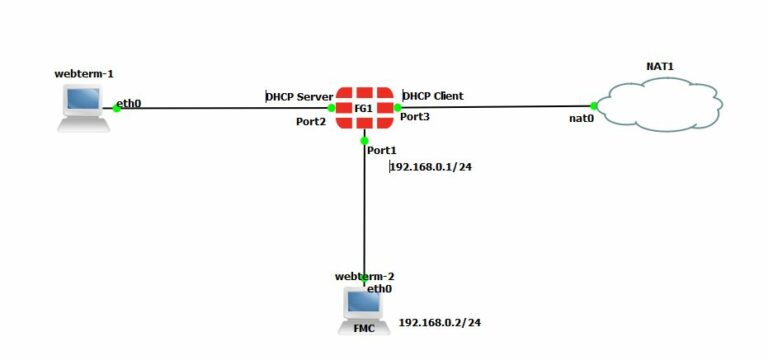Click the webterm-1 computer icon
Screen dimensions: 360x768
84,107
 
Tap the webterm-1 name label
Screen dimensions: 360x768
84,74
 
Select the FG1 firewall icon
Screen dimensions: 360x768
364,108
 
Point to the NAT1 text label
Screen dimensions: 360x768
661,66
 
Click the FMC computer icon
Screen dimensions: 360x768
362,309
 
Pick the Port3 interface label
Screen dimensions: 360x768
415,117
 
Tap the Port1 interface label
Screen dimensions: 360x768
382,150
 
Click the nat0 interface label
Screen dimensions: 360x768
582,117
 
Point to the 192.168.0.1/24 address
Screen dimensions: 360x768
431,166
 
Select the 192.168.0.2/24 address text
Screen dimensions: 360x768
440,323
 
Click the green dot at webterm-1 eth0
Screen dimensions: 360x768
117,108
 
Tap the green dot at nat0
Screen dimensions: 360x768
594,105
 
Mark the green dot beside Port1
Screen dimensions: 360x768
365,141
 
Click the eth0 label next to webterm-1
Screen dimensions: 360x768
128,101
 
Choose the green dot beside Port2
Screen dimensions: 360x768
332,107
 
